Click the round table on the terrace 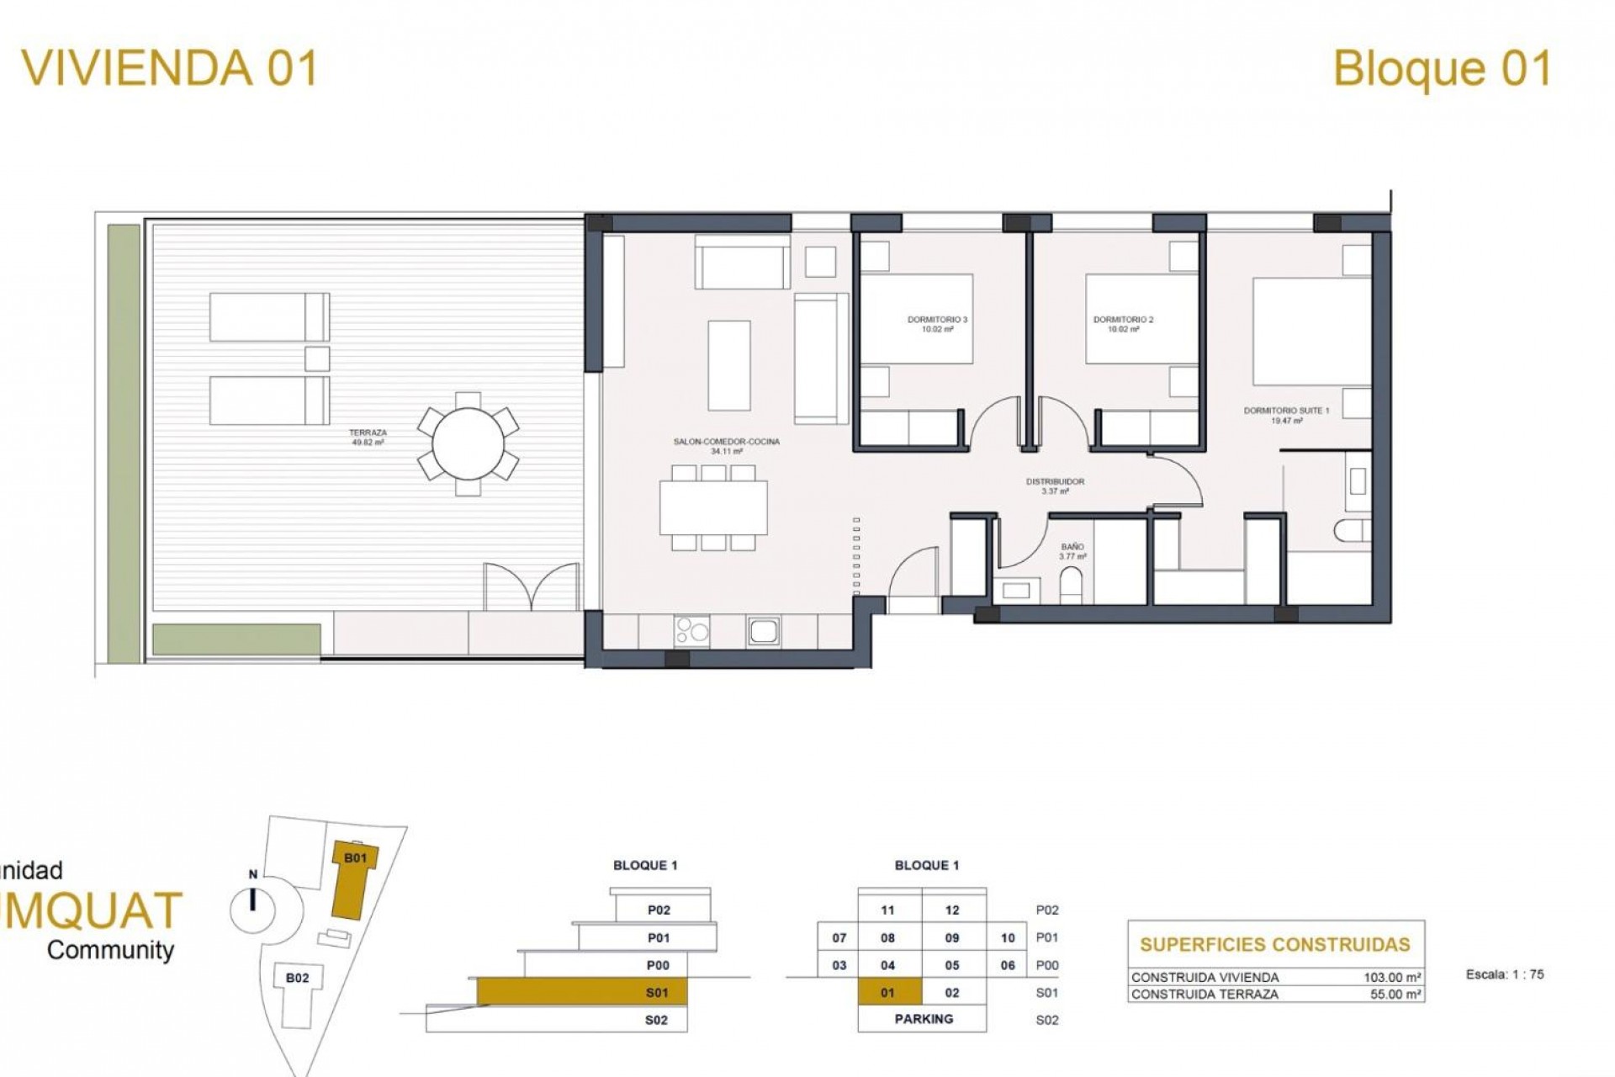pos(468,443)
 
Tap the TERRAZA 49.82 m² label pos(368,437)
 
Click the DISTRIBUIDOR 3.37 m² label pos(1055,485)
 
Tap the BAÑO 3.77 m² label pos(1072,552)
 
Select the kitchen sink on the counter pos(764,630)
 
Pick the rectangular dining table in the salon pos(713,507)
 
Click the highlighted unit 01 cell pos(888,993)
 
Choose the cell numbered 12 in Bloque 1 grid pos(952,910)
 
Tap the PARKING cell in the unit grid pos(924,1019)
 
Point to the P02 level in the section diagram pos(659,910)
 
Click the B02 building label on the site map pos(297,978)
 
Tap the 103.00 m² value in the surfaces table pos(1392,978)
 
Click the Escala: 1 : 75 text pos(1504,974)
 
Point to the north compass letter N pos(252,875)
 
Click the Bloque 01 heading pos(1442,69)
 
